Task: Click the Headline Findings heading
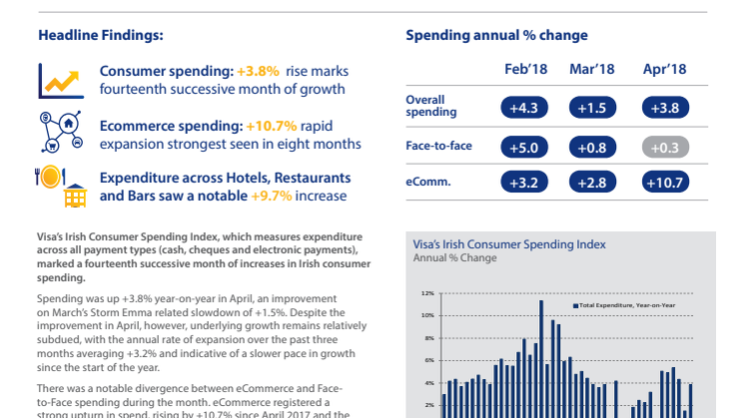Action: (100, 35)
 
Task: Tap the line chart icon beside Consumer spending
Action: (60, 80)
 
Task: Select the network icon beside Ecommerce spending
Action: (60, 130)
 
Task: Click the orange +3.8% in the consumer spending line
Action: (259, 72)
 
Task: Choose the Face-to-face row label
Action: (438, 146)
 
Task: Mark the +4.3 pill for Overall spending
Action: (524, 107)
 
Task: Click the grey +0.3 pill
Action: (663, 147)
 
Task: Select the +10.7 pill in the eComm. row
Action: (663, 183)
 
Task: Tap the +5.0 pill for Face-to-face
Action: (524, 147)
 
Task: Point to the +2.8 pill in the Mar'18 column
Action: (593, 183)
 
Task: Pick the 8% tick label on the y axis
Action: (428, 338)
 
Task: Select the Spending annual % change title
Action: (496, 35)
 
